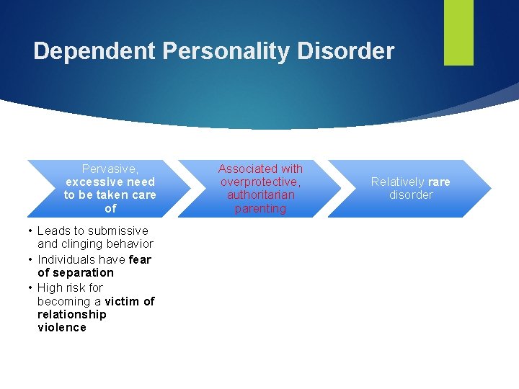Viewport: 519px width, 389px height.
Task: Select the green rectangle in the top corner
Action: click(458, 32)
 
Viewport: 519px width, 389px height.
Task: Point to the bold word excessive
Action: click(93, 182)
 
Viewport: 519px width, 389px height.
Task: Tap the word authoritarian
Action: click(260, 195)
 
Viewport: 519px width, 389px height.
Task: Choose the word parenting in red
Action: click(260, 209)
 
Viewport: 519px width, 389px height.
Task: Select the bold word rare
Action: click(438, 182)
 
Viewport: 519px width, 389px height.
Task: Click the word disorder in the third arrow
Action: click(411, 195)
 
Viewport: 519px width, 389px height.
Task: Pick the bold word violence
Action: click(61, 328)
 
